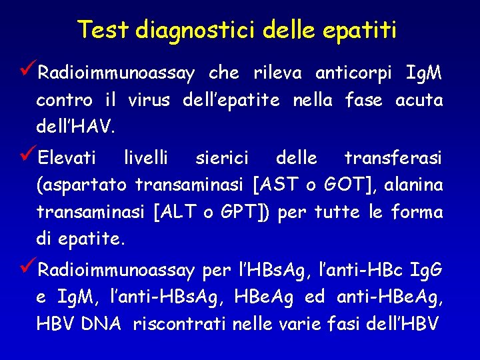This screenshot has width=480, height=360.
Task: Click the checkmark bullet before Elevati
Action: (29, 157)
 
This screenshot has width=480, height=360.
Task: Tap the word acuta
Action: (419, 101)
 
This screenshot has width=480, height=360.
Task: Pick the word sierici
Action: (222, 159)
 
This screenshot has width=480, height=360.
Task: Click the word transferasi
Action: (393, 159)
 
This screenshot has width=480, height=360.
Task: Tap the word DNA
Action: (101, 324)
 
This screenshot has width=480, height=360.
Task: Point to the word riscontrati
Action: (180, 324)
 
